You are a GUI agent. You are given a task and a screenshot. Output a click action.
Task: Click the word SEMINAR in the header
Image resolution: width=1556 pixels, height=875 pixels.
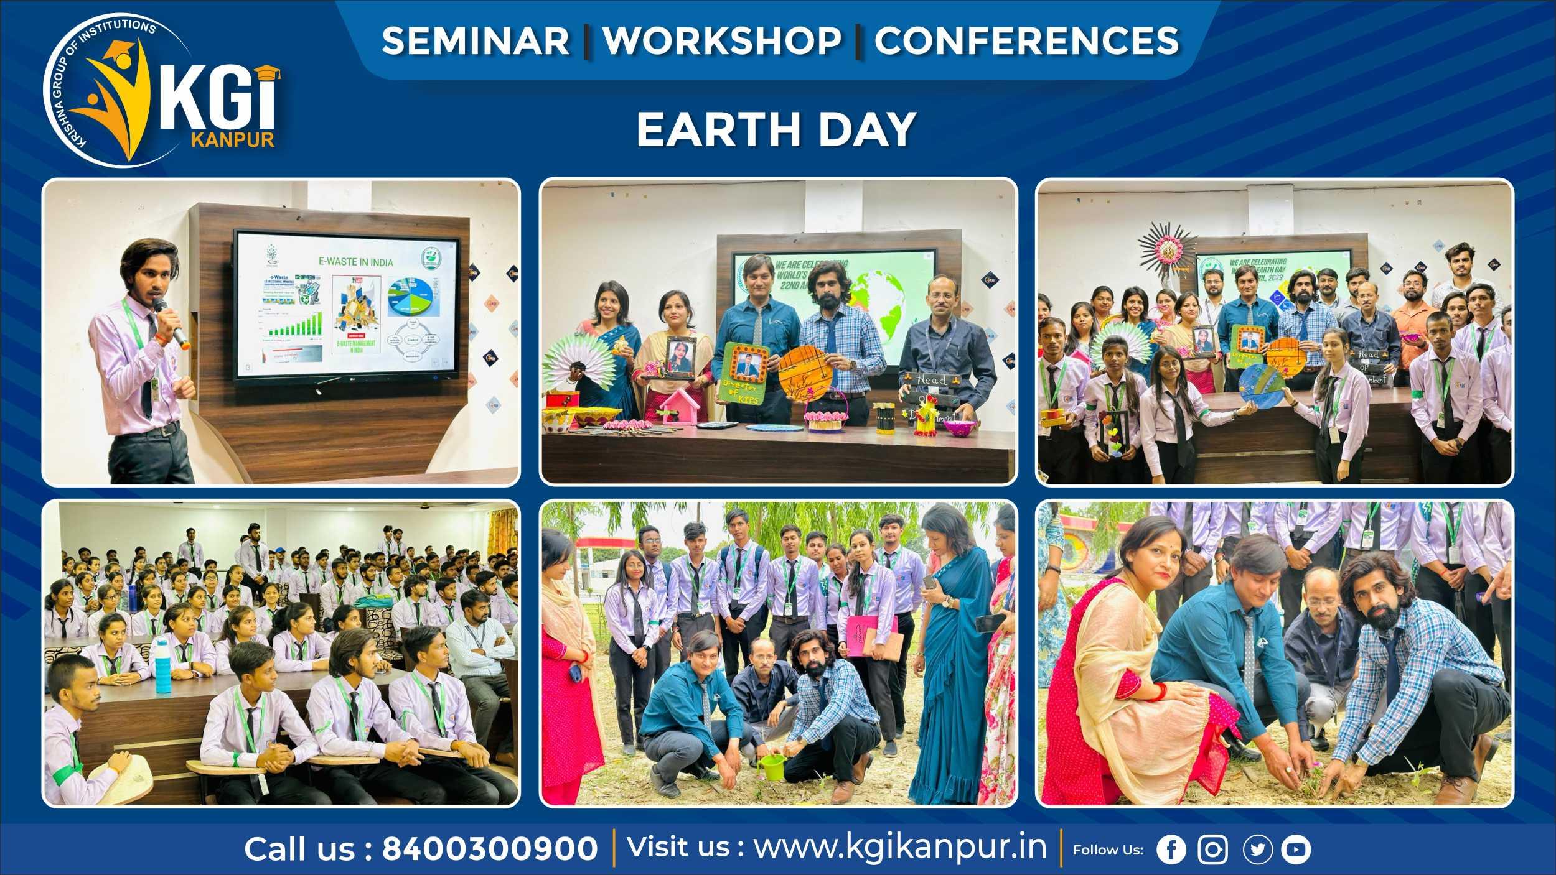coord(476,41)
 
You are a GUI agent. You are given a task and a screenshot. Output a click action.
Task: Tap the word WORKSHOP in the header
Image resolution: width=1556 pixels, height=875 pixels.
coord(722,41)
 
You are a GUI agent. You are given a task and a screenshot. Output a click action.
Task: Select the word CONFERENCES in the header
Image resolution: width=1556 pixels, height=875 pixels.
coord(1026,41)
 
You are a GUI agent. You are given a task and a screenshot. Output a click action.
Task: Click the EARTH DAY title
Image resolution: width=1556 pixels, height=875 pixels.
coord(776,129)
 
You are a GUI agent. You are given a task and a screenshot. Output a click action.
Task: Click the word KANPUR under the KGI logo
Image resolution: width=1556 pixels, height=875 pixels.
coord(233,139)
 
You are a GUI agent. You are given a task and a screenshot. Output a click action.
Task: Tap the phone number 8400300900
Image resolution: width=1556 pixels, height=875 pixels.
coord(489,849)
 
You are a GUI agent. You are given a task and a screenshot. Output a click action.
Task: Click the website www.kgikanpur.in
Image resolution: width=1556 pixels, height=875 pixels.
coord(900,847)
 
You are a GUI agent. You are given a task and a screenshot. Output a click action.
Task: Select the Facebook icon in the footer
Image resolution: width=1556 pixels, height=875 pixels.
coord(1171,850)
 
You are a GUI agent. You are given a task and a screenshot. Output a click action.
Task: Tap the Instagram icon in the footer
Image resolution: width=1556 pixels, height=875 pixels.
coord(1212,850)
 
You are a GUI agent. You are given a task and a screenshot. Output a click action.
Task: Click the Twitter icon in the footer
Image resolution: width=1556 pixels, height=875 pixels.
coord(1257,850)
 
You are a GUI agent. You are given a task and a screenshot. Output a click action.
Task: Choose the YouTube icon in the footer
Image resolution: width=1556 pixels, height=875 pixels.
coord(1296,850)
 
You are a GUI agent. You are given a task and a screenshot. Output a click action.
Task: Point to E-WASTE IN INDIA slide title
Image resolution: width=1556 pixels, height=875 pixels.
coord(365,262)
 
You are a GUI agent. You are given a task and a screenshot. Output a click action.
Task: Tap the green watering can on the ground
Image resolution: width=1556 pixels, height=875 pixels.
coord(770,768)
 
